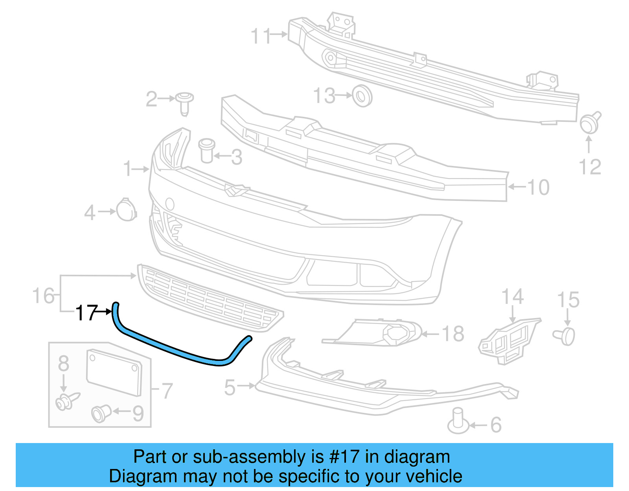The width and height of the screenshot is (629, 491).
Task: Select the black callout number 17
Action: [x=86, y=313]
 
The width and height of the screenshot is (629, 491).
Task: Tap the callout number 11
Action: [x=261, y=36]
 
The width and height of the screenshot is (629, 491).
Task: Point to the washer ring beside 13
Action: [x=362, y=96]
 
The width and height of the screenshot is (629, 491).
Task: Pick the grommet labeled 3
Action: [x=206, y=150]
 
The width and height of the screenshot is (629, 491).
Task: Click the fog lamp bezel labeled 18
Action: [x=377, y=333]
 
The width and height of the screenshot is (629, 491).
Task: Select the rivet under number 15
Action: [x=565, y=336]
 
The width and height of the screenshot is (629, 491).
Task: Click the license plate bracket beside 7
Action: [x=114, y=372]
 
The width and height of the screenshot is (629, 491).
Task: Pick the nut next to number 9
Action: [x=101, y=413]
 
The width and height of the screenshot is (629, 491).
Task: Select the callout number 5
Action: [x=230, y=388]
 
